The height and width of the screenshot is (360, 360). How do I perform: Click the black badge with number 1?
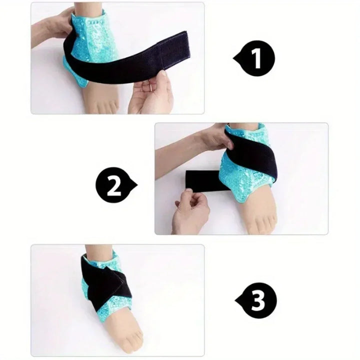pyautogui.click(x=255, y=59)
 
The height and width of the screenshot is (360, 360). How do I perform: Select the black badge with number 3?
pyautogui.click(x=255, y=300)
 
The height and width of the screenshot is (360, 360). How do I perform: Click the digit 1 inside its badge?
pyautogui.click(x=257, y=59)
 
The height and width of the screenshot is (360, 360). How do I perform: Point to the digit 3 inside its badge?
pyautogui.click(x=257, y=300)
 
